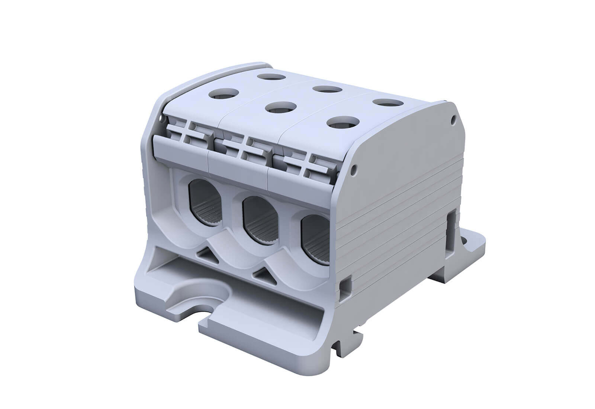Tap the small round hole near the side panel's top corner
[x=453, y=120]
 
